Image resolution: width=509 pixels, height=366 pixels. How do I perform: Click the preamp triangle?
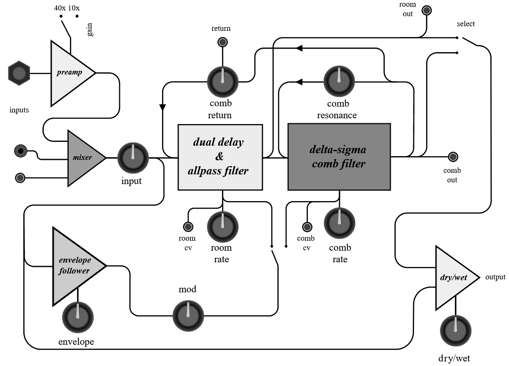69,73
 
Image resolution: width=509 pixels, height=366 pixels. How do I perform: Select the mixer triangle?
83,158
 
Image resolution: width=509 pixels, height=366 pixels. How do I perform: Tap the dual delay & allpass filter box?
220,157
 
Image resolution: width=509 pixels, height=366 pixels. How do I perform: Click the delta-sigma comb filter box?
339,157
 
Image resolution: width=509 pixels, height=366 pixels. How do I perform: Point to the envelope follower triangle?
75,266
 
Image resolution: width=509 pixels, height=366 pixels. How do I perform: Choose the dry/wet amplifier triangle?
454,278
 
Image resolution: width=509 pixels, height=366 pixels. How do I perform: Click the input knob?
133,159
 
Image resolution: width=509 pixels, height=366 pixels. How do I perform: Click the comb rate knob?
339,223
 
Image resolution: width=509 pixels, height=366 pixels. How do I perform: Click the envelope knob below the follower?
78,316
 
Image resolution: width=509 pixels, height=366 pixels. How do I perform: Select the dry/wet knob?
456,331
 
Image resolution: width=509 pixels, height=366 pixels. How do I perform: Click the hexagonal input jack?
19,73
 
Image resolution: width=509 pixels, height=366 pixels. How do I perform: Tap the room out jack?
426,10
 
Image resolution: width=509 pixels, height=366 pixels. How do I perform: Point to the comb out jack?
453,157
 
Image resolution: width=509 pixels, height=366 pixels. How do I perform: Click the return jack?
222,42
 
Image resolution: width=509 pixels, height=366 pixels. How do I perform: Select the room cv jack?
188,227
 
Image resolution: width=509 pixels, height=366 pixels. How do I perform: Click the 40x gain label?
60,8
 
